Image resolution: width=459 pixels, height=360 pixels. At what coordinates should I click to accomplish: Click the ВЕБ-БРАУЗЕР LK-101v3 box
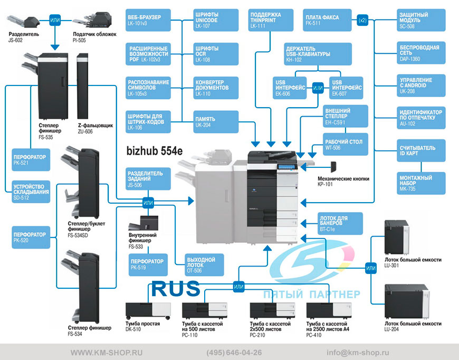[x=148, y=20]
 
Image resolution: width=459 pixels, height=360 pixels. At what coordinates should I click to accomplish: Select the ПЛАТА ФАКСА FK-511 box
[x=327, y=20]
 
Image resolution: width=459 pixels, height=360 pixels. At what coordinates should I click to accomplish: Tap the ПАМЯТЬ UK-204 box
[x=216, y=122]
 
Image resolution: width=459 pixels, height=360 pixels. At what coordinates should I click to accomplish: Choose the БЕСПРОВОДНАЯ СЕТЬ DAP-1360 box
[x=421, y=53]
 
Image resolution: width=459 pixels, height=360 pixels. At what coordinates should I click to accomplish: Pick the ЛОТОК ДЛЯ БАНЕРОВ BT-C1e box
[x=340, y=223]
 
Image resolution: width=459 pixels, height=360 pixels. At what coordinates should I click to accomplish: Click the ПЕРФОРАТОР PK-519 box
[x=148, y=265]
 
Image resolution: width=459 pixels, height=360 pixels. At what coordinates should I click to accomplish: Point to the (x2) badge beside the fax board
[x=362, y=20]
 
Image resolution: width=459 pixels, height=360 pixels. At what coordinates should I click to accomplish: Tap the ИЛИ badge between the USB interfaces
[x=318, y=88]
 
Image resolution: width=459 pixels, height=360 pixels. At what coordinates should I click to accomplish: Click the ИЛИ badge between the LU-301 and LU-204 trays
[x=370, y=268]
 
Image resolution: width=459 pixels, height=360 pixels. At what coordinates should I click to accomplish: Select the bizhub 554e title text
[x=155, y=151]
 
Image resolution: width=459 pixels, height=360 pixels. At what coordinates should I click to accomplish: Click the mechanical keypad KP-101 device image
[x=333, y=167]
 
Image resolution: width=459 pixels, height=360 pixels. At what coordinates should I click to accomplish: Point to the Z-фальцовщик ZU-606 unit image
[x=82, y=86]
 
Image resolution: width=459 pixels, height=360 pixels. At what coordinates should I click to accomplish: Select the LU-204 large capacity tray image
[x=407, y=302]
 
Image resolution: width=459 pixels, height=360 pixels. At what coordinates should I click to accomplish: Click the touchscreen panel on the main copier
[x=287, y=167]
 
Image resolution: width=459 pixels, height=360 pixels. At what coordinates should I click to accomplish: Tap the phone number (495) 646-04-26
[x=234, y=353]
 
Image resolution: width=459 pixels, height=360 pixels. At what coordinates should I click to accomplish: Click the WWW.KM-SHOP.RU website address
[x=107, y=353]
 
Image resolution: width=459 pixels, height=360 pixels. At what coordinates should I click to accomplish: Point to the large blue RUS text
[x=176, y=289]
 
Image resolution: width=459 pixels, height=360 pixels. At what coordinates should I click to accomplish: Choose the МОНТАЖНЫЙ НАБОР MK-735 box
[x=421, y=183]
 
